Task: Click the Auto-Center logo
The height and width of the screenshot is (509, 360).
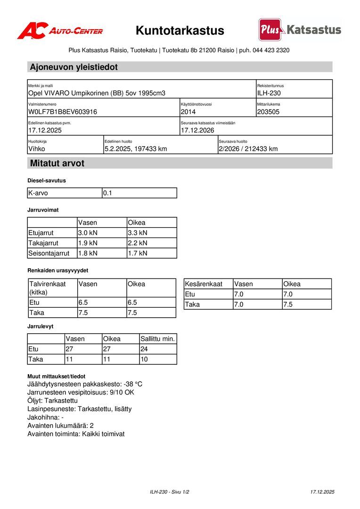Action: pyautogui.click(x=60, y=31)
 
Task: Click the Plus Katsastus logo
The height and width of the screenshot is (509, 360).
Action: pyautogui.click(x=300, y=30)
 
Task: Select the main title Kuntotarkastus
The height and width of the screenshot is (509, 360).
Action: pyautogui.click(x=180, y=31)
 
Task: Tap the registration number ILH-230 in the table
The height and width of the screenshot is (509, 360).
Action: pyautogui.click(x=269, y=93)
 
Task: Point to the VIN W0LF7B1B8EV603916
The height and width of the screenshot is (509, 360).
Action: pyautogui.click(x=63, y=112)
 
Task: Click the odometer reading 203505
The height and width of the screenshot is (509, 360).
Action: pyautogui.click(x=269, y=112)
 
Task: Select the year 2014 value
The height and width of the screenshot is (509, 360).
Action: pyautogui.click(x=188, y=112)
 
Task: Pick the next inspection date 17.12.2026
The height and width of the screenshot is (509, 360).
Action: pyautogui.click(x=197, y=131)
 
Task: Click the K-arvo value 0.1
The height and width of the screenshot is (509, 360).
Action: pyautogui.click(x=108, y=193)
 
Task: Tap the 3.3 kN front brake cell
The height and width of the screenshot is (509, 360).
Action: pyautogui.click(x=138, y=233)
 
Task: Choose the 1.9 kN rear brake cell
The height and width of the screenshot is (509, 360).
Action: pyautogui.click(x=88, y=243)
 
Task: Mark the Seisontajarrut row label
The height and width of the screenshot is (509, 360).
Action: pyautogui.click(x=49, y=254)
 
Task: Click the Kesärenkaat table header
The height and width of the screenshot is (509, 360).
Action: pyautogui.click(x=204, y=284)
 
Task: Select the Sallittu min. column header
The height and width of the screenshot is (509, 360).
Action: pyautogui.click(x=158, y=339)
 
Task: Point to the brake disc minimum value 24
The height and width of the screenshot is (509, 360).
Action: pyautogui.click(x=144, y=349)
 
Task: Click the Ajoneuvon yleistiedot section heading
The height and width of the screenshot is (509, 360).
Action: pyautogui.click(x=74, y=67)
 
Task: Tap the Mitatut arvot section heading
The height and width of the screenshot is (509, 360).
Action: pyautogui.click(x=57, y=164)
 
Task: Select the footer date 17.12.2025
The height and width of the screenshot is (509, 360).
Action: pyautogui.click(x=322, y=492)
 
